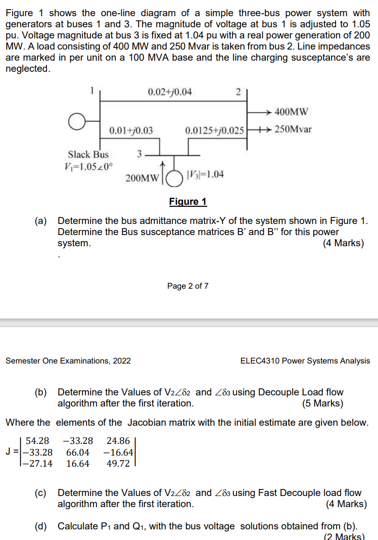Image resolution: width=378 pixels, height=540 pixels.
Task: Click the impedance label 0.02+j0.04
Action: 170,92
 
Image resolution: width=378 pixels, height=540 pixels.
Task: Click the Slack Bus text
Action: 88,154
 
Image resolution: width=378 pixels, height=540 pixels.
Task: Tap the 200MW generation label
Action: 142,177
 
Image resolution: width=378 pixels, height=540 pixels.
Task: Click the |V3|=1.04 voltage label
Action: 206,174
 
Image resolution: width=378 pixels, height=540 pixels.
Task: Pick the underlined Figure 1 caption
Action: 188,202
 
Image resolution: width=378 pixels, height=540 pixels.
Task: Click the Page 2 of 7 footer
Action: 188,286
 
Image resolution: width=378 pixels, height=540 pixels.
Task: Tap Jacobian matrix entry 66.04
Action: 78,452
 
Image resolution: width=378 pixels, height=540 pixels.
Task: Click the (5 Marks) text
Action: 322,403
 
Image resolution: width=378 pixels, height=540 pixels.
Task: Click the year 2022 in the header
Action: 121,361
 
